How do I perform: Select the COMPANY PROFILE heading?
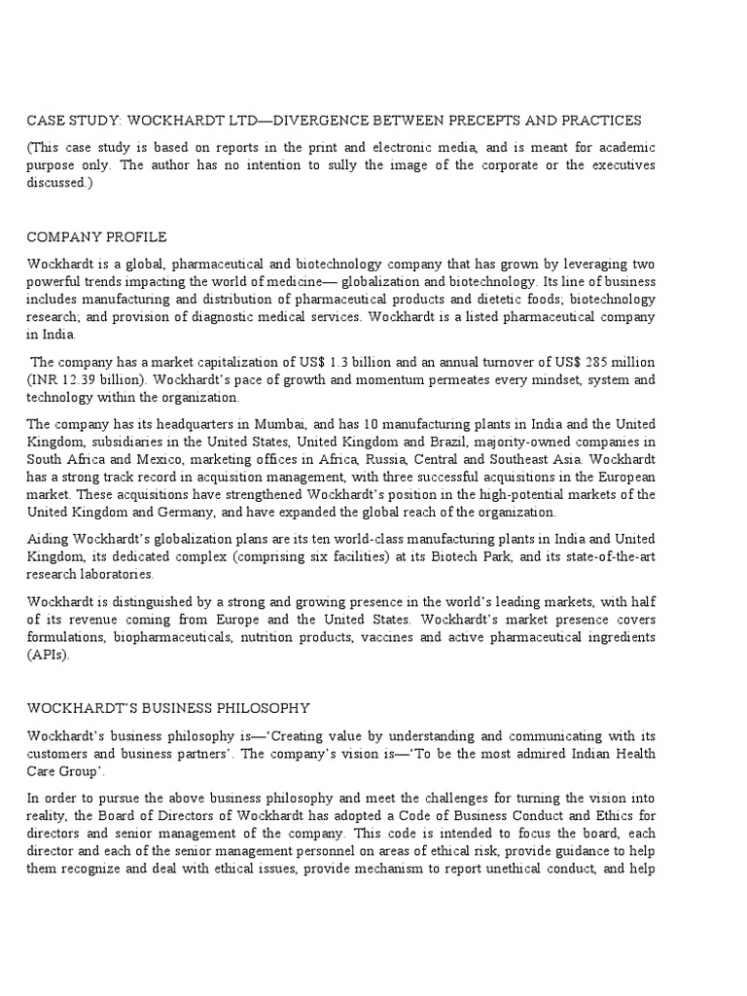click(96, 236)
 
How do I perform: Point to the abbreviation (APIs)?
click(47, 655)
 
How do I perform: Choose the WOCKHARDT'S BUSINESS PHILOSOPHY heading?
click(168, 707)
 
